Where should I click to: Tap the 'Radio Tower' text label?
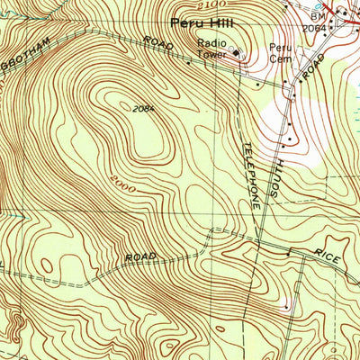(x=215, y=47)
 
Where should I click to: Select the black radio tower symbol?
(x=238, y=53)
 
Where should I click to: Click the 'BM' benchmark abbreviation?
(x=317, y=17)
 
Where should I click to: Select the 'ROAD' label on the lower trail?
(x=140, y=257)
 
